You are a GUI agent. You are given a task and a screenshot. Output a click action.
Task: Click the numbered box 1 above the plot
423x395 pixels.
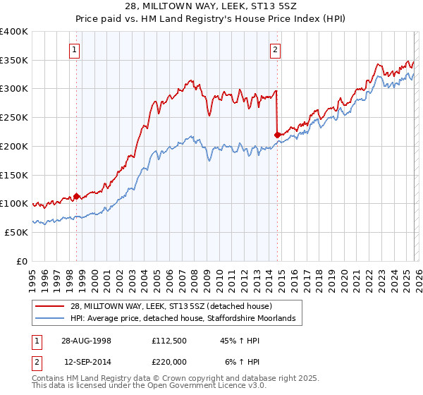pyautogui.click(x=75, y=49)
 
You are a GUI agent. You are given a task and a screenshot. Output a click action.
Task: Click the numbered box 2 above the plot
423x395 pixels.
pyautogui.click(x=275, y=49)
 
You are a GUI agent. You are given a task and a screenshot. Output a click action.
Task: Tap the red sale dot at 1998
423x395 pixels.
pyautogui.click(x=77, y=196)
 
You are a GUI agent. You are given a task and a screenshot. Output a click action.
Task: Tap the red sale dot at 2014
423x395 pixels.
pyautogui.click(x=277, y=134)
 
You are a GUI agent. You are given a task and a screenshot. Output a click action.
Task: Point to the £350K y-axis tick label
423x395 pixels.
pyautogui.click(x=14, y=60)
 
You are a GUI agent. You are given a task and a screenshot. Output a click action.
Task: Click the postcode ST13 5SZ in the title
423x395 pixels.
pyautogui.click(x=270, y=7)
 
